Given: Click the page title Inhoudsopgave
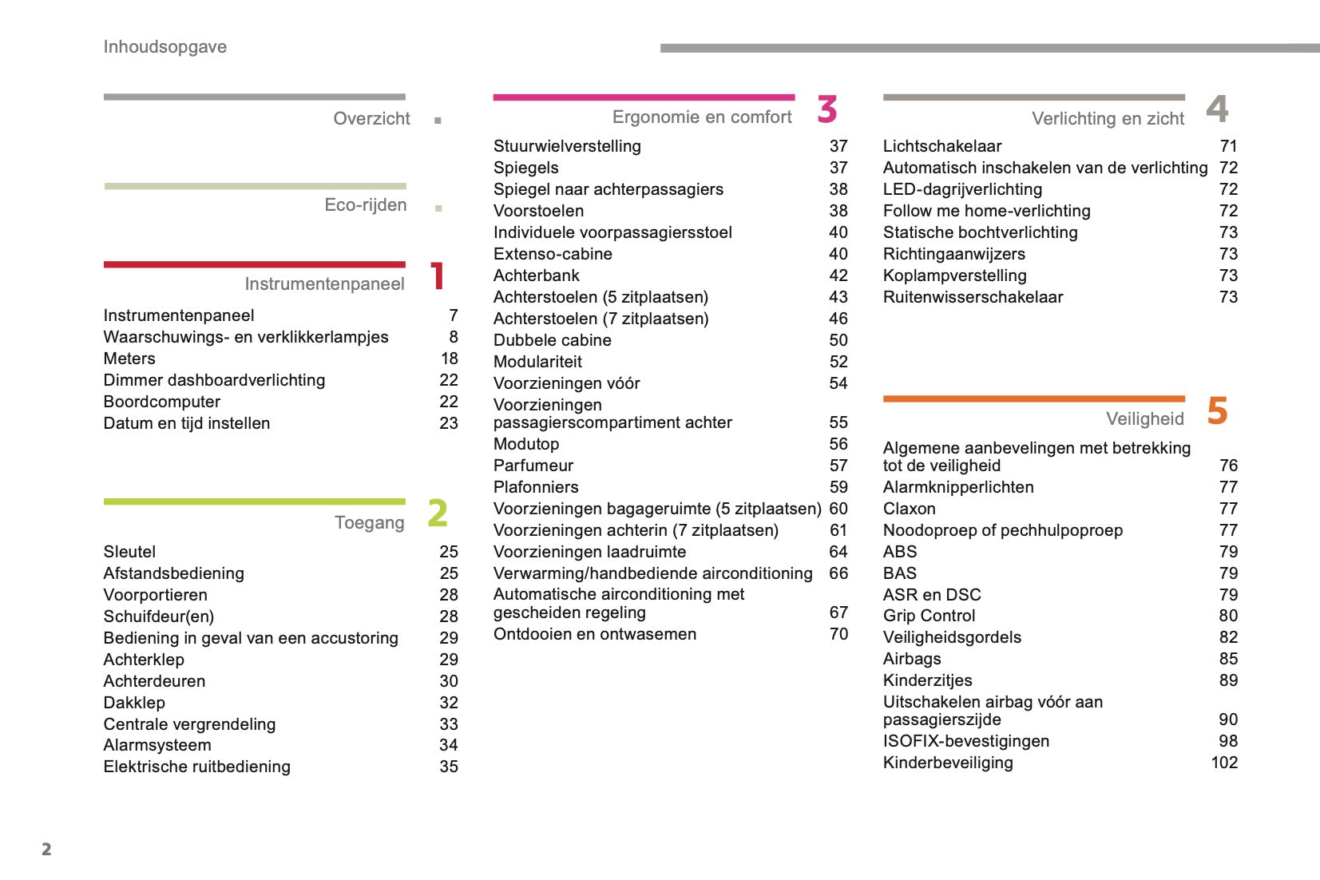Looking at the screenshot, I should coord(165,47).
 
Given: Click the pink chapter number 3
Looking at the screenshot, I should coord(827,109).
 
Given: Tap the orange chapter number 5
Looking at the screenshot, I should coord(1217,411).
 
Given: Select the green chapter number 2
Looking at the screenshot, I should coord(438,513).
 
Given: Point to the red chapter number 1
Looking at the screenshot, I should coord(437,276).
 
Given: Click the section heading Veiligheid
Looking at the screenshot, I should coord(1144,419).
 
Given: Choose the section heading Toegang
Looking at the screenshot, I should coord(369,523).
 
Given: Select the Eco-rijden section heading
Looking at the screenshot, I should coord(365,205).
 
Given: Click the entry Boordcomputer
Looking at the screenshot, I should coord(162,402).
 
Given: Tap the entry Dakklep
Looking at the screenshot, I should coord(134,703).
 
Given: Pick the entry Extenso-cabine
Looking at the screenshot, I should coord(553,254).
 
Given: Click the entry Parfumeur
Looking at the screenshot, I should coord(533,466).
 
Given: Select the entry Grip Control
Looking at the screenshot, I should coord(929,616).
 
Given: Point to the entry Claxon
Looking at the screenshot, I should coord(909,509).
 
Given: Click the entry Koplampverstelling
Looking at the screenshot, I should coord(954,275).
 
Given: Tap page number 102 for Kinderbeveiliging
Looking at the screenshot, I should coord(1224,763).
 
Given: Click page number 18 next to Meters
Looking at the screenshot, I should coord(450,359).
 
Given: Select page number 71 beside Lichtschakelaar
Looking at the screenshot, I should coord(1228,146).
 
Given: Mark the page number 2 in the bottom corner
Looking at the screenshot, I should coord(46,849).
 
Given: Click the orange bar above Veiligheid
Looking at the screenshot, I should coord(1033,398).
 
